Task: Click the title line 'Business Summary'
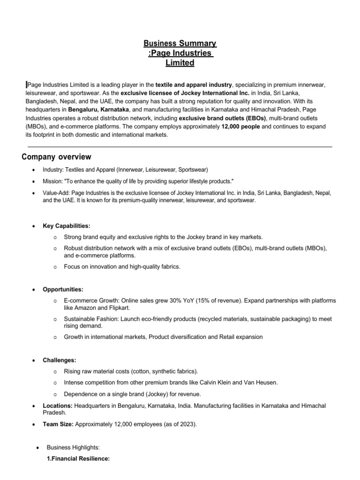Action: click(180, 44)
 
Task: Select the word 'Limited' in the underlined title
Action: click(180, 63)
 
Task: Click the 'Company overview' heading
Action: click(56, 157)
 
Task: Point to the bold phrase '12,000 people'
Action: click(241, 127)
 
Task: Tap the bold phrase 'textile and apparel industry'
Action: click(194, 84)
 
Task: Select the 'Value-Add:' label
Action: click(56, 193)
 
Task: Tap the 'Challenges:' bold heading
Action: click(60, 360)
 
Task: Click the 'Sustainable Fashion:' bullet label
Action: click(91, 319)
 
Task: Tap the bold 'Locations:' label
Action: click(58, 405)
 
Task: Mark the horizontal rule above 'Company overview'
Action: click(180, 147)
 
